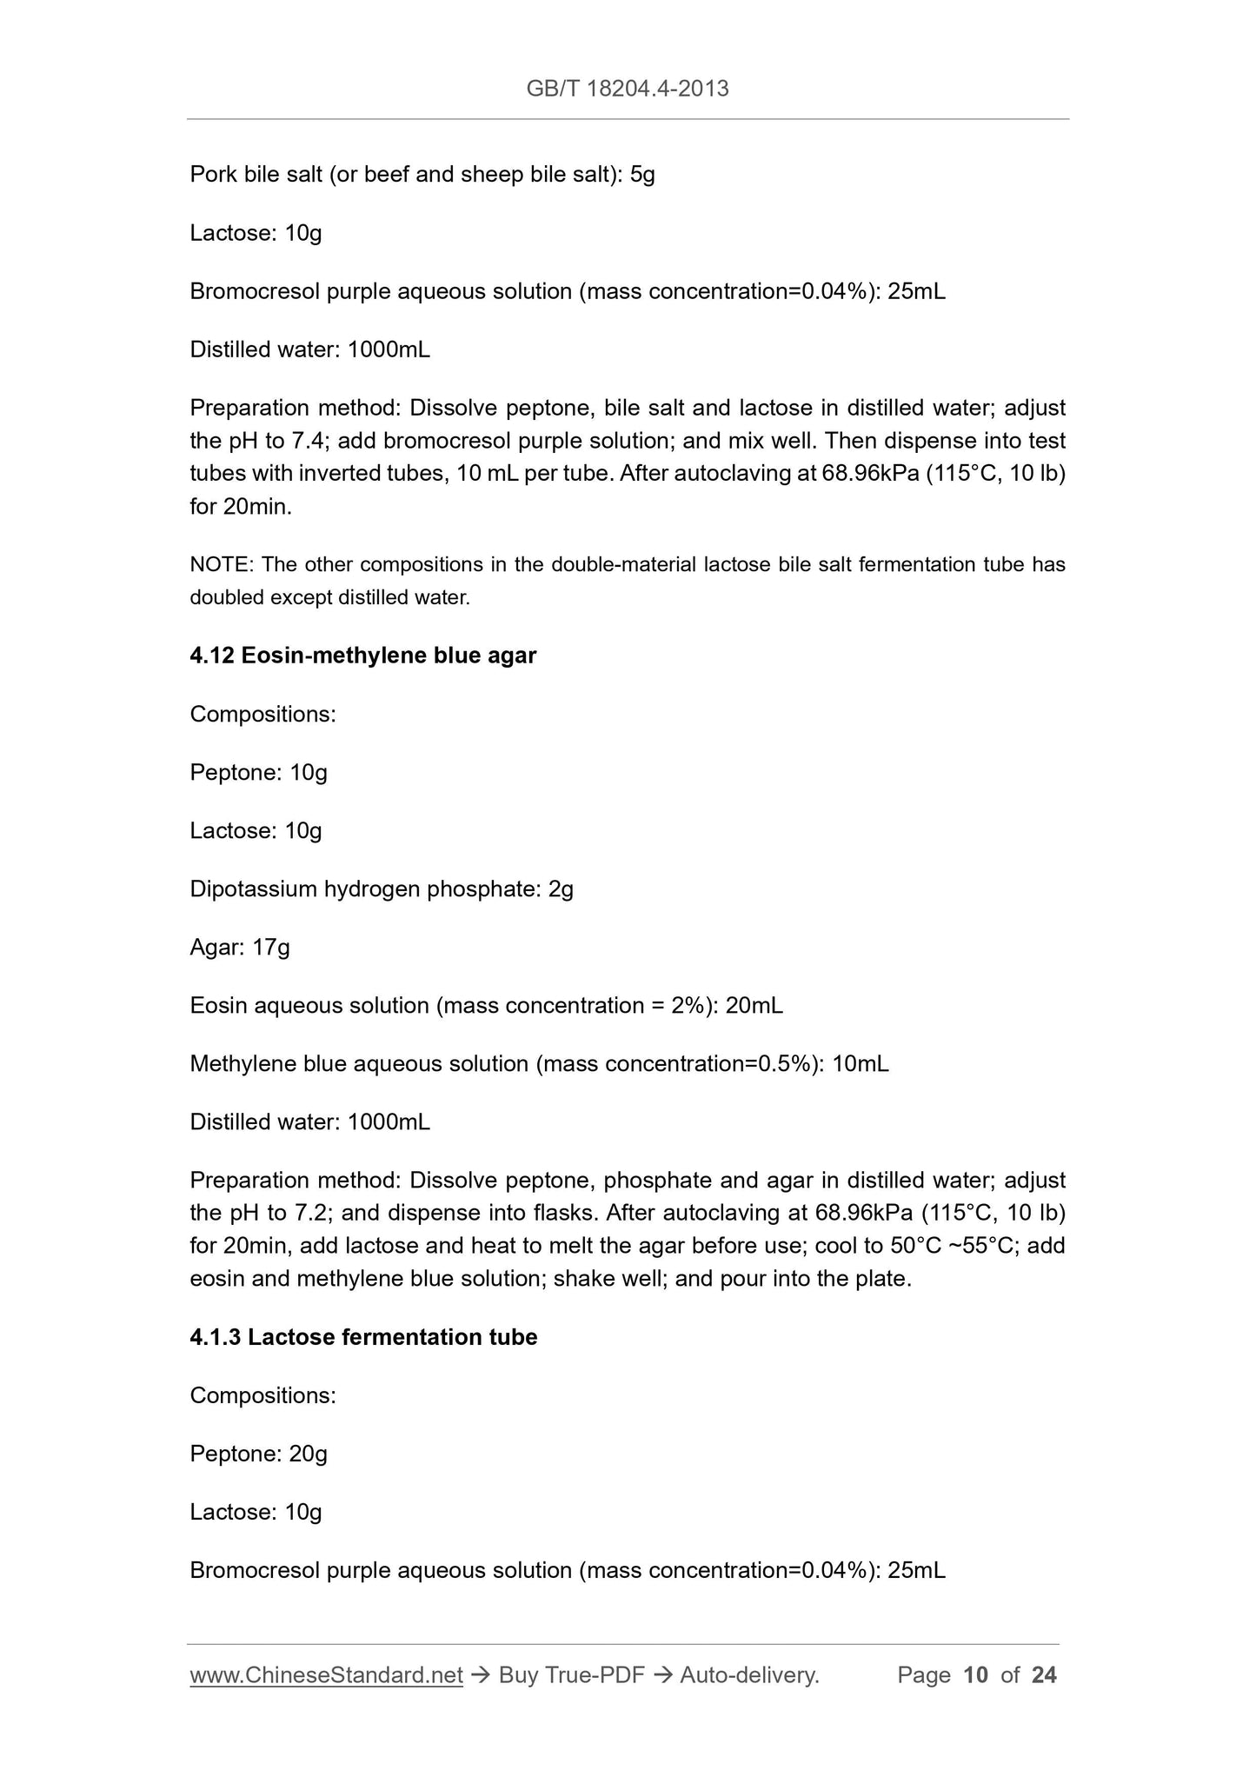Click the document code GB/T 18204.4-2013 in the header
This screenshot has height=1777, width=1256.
(627, 88)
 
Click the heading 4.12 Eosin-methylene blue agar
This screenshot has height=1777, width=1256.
(362, 656)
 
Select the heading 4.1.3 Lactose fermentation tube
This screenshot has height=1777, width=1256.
(363, 1337)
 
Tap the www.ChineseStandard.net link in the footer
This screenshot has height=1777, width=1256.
(326, 1675)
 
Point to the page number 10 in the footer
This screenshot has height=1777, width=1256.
(976, 1675)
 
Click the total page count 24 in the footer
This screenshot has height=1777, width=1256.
(1044, 1675)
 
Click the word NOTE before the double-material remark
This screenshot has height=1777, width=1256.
(219, 565)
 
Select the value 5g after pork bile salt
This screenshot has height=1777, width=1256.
(642, 175)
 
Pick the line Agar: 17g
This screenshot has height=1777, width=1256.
(240, 947)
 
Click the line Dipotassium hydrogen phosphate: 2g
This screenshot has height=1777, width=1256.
(382, 888)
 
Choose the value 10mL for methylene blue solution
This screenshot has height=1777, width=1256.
(860, 1064)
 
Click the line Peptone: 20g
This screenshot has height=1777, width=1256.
(258, 1454)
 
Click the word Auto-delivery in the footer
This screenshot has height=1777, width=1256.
(749, 1675)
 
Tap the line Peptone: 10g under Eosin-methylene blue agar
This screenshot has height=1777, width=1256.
(258, 772)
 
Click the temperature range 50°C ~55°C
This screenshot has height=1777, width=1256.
(953, 1246)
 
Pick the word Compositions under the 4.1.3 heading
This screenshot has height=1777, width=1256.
(262, 1395)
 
